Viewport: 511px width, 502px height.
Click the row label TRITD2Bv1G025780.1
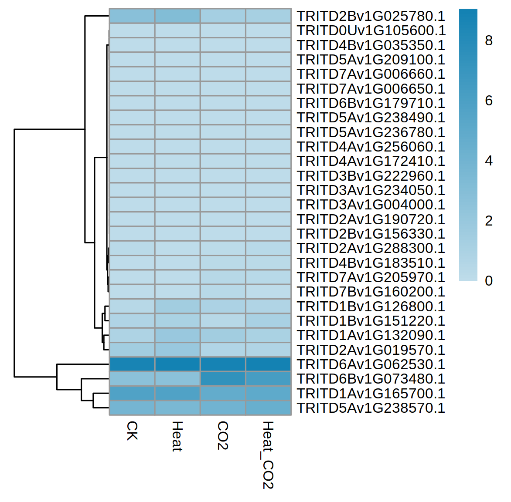(371, 16)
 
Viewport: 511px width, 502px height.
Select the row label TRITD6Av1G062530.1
(371, 364)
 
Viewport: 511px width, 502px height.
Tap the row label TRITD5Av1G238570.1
(371, 408)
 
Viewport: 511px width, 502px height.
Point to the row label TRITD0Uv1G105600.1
(371, 30)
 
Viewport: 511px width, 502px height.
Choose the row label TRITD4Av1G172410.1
(371, 161)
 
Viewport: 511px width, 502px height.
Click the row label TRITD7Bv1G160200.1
(371, 292)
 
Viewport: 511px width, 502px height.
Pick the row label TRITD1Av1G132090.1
(371, 335)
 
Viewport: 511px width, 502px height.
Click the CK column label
(132, 431)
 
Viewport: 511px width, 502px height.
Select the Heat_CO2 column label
(268, 455)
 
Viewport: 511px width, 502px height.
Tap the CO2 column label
(223, 435)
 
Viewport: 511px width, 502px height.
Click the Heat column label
(177, 436)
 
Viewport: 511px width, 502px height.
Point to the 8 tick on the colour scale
(489, 40)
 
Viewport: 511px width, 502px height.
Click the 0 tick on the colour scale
(489, 281)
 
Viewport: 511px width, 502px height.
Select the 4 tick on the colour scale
(489, 161)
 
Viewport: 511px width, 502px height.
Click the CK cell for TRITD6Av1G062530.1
(132, 364)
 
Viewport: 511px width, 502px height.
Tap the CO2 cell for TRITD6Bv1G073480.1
(223, 379)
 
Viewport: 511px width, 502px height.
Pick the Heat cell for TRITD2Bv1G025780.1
(177, 16)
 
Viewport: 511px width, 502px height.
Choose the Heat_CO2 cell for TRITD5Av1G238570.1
(269, 408)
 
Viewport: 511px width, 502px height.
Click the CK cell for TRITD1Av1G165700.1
(132, 393)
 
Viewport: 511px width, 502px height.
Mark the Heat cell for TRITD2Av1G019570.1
(177, 350)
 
